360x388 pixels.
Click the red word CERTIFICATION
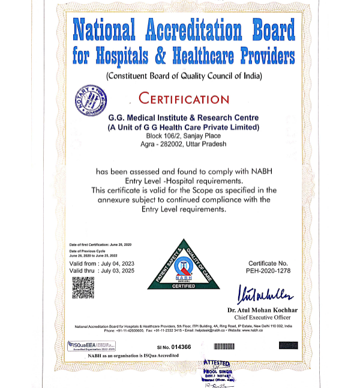pyautogui.click(x=184, y=98)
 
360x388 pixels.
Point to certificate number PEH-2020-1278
pyautogui.click(x=268, y=270)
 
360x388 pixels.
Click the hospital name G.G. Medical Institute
pyautogui.click(x=183, y=118)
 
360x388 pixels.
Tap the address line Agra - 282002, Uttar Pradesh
pyautogui.click(x=184, y=144)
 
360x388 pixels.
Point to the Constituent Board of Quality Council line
pyautogui.click(x=184, y=76)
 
